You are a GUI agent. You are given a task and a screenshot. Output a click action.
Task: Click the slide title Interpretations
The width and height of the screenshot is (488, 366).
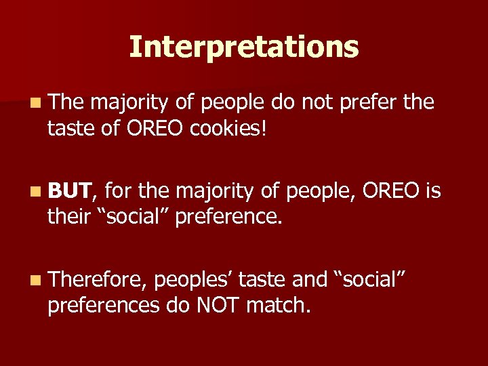pyautogui.click(x=243, y=47)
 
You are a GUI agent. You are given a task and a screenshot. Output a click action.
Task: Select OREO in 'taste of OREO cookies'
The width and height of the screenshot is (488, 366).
pyautogui.click(x=160, y=127)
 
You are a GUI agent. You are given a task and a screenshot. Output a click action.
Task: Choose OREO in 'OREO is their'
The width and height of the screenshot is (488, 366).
pyautogui.click(x=391, y=191)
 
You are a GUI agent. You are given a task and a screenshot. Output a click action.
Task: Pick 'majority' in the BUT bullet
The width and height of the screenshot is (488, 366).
pyautogui.click(x=230, y=192)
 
